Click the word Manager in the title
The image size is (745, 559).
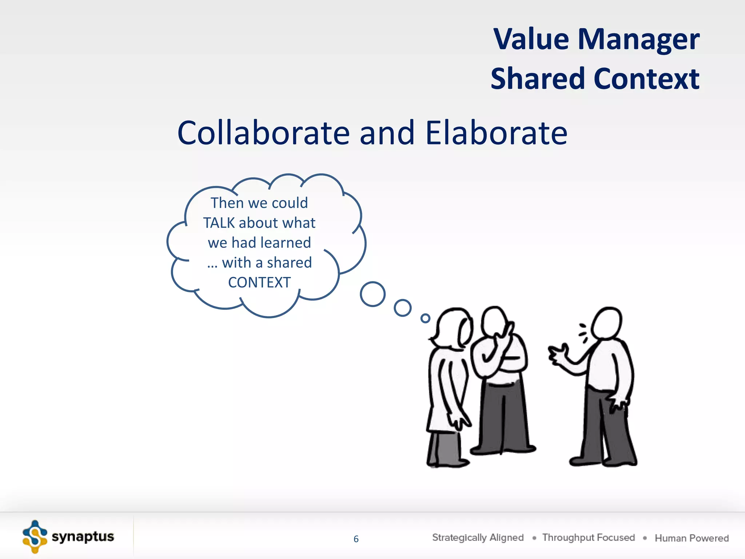638,39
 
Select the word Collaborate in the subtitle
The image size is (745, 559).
263,133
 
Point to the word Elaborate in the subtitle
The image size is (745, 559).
496,133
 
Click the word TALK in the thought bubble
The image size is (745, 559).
219,223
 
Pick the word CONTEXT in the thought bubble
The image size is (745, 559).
259,283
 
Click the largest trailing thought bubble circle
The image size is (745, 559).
372,294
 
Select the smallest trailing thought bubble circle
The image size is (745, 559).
425,318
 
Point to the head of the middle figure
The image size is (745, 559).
494,322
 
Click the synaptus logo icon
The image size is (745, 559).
35,537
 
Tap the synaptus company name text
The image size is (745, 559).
83,537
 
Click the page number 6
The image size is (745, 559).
356,539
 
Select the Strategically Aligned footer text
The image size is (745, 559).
478,538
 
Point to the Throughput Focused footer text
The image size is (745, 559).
588,538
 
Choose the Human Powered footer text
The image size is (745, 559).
692,538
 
